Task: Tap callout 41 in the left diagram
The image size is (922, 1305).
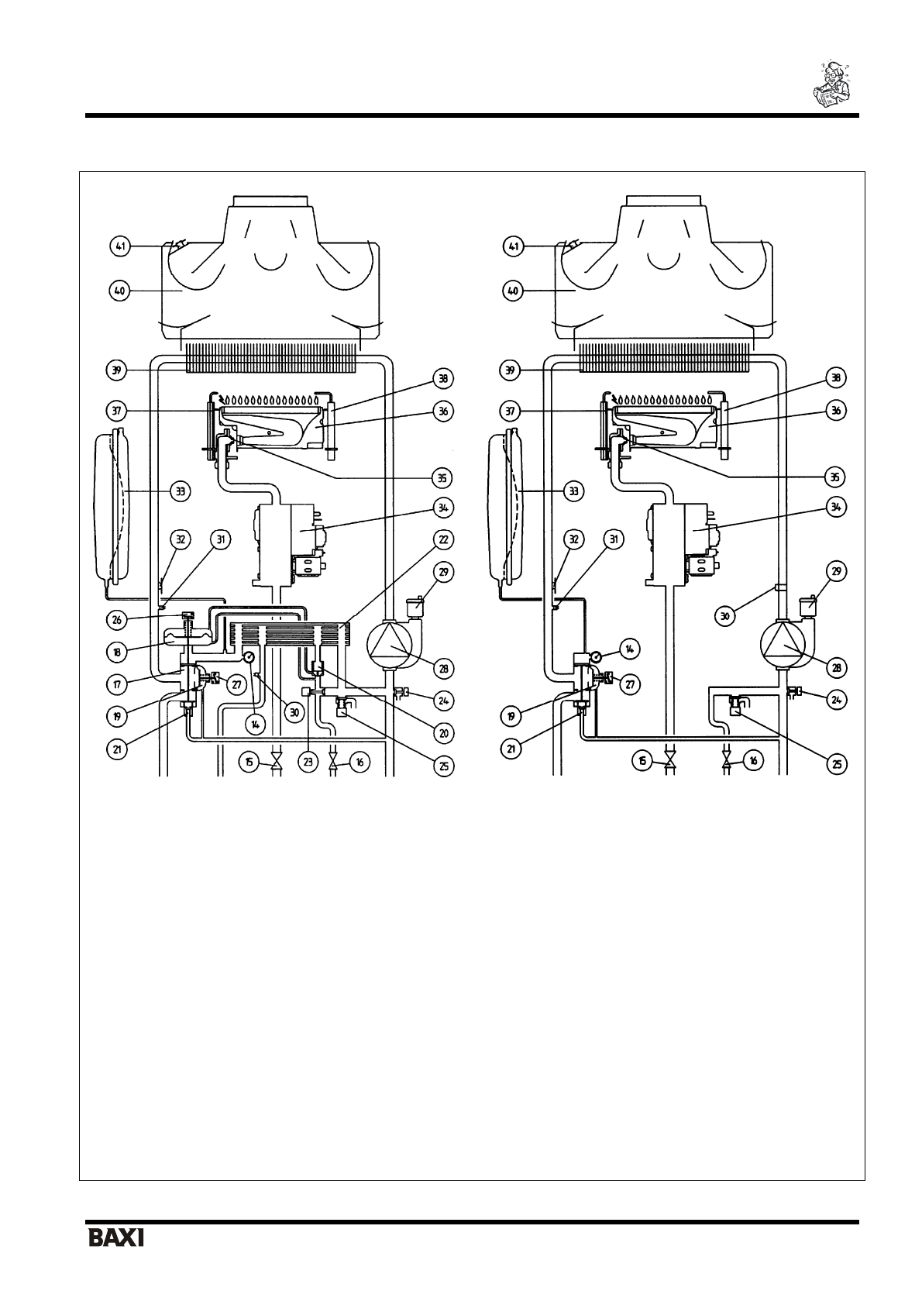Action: click(x=119, y=246)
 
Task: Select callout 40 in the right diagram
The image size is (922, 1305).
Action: click(x=513, y=291)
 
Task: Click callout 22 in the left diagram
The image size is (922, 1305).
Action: click(x=444, y=539)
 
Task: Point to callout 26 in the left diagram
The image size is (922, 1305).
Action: click(x=117, y=620)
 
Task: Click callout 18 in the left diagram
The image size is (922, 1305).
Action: click(x=117, y=652)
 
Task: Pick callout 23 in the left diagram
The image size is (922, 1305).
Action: click(x=308, y=762)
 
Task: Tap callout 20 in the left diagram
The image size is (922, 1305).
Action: click(x=444, y=733)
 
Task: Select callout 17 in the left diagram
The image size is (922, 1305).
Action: click(x=117, y=684)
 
